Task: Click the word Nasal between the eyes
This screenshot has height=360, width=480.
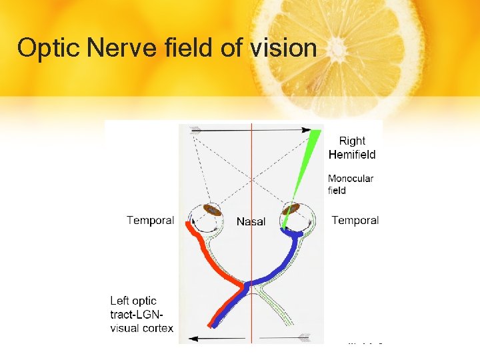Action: pyautogui.click(x=251, y=222)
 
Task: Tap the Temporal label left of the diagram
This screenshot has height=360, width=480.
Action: pyautogui.click(x=150, y=221)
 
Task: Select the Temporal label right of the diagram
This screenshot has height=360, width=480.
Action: pyautogui.click(x=355, y=221)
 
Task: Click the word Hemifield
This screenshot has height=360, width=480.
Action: pyautogui.click(x=352, y=155)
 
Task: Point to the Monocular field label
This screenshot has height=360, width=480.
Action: pyautogui.click(x=350, y=184)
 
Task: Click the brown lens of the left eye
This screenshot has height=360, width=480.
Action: pyautogui.click(x=212, y=210)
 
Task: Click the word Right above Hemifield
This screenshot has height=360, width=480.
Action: pyautogui.click(x=352, y=141)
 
